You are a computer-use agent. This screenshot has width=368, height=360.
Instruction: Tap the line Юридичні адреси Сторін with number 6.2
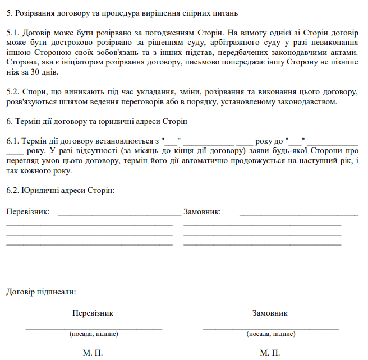pos(60,191)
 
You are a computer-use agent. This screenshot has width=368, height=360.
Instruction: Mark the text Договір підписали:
pos(41,292)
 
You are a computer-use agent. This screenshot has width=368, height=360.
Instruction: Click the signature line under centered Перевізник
pos(94,327)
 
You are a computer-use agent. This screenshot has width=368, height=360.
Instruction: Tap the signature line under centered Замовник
pos(270,327)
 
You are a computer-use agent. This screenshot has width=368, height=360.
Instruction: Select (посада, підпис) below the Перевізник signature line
pos(94,334)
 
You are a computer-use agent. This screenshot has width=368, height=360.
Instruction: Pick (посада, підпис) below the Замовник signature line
pos(270,334)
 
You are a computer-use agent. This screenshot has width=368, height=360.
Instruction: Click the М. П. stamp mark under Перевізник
pos(93,353)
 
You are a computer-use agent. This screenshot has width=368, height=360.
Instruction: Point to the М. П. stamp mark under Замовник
pos(270,353)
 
